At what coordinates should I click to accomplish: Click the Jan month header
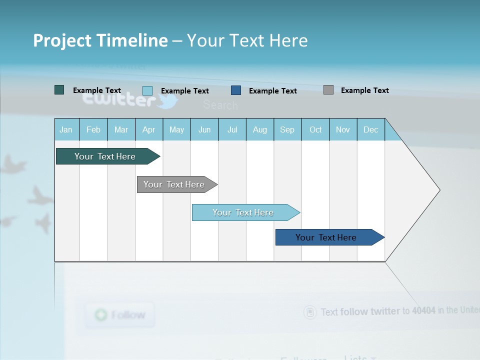(x=66, y=129)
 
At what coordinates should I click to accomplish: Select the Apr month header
(x=149, y=129)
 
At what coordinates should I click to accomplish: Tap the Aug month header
(x=260, y=129)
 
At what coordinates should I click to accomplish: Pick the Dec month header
(x=371, y=129)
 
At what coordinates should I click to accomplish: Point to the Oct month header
(x=315, y=129)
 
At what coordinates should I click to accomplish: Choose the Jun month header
(x=204, y=129)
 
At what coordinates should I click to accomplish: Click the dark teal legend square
(x=59, y=90)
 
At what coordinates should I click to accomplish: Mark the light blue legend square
(x=147, y=90)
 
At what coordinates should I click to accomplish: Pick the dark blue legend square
(x=236, y=90)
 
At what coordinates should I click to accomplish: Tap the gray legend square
(x=328, y=90)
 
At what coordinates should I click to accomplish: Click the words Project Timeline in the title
(x=100, y=40)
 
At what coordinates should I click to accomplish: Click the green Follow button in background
(x=120, y=315)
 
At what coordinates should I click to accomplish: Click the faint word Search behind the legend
(x=220, y=105)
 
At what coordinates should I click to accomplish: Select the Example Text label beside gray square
(x=364, y=90)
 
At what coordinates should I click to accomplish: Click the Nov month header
(x=343, y=129)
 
